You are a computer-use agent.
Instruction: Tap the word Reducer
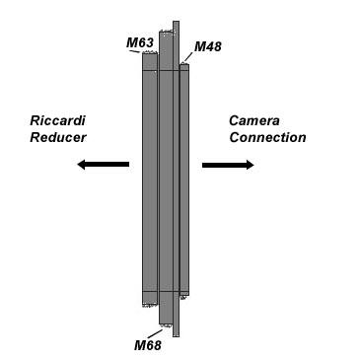(58, 137)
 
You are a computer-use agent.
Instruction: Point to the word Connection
(267, 137)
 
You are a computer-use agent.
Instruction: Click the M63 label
(140, 42)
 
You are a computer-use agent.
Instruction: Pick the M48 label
(208, 46)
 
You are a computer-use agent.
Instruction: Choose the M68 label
(147, 344)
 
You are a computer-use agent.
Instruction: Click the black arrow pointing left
(103, 165)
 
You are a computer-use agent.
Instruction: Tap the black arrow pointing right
(228, 165)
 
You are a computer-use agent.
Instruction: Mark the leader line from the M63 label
(147, 50)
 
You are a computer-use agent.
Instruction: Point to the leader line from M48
(187, 57)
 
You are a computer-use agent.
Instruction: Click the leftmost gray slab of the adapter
(150, 178)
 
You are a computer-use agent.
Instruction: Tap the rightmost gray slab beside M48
(184, 178)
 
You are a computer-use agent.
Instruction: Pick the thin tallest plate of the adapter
(176, 178)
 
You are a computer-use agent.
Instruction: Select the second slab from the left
(166, 178)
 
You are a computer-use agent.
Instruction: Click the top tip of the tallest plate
(176, 24)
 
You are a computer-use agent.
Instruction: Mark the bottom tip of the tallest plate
(176, 334)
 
